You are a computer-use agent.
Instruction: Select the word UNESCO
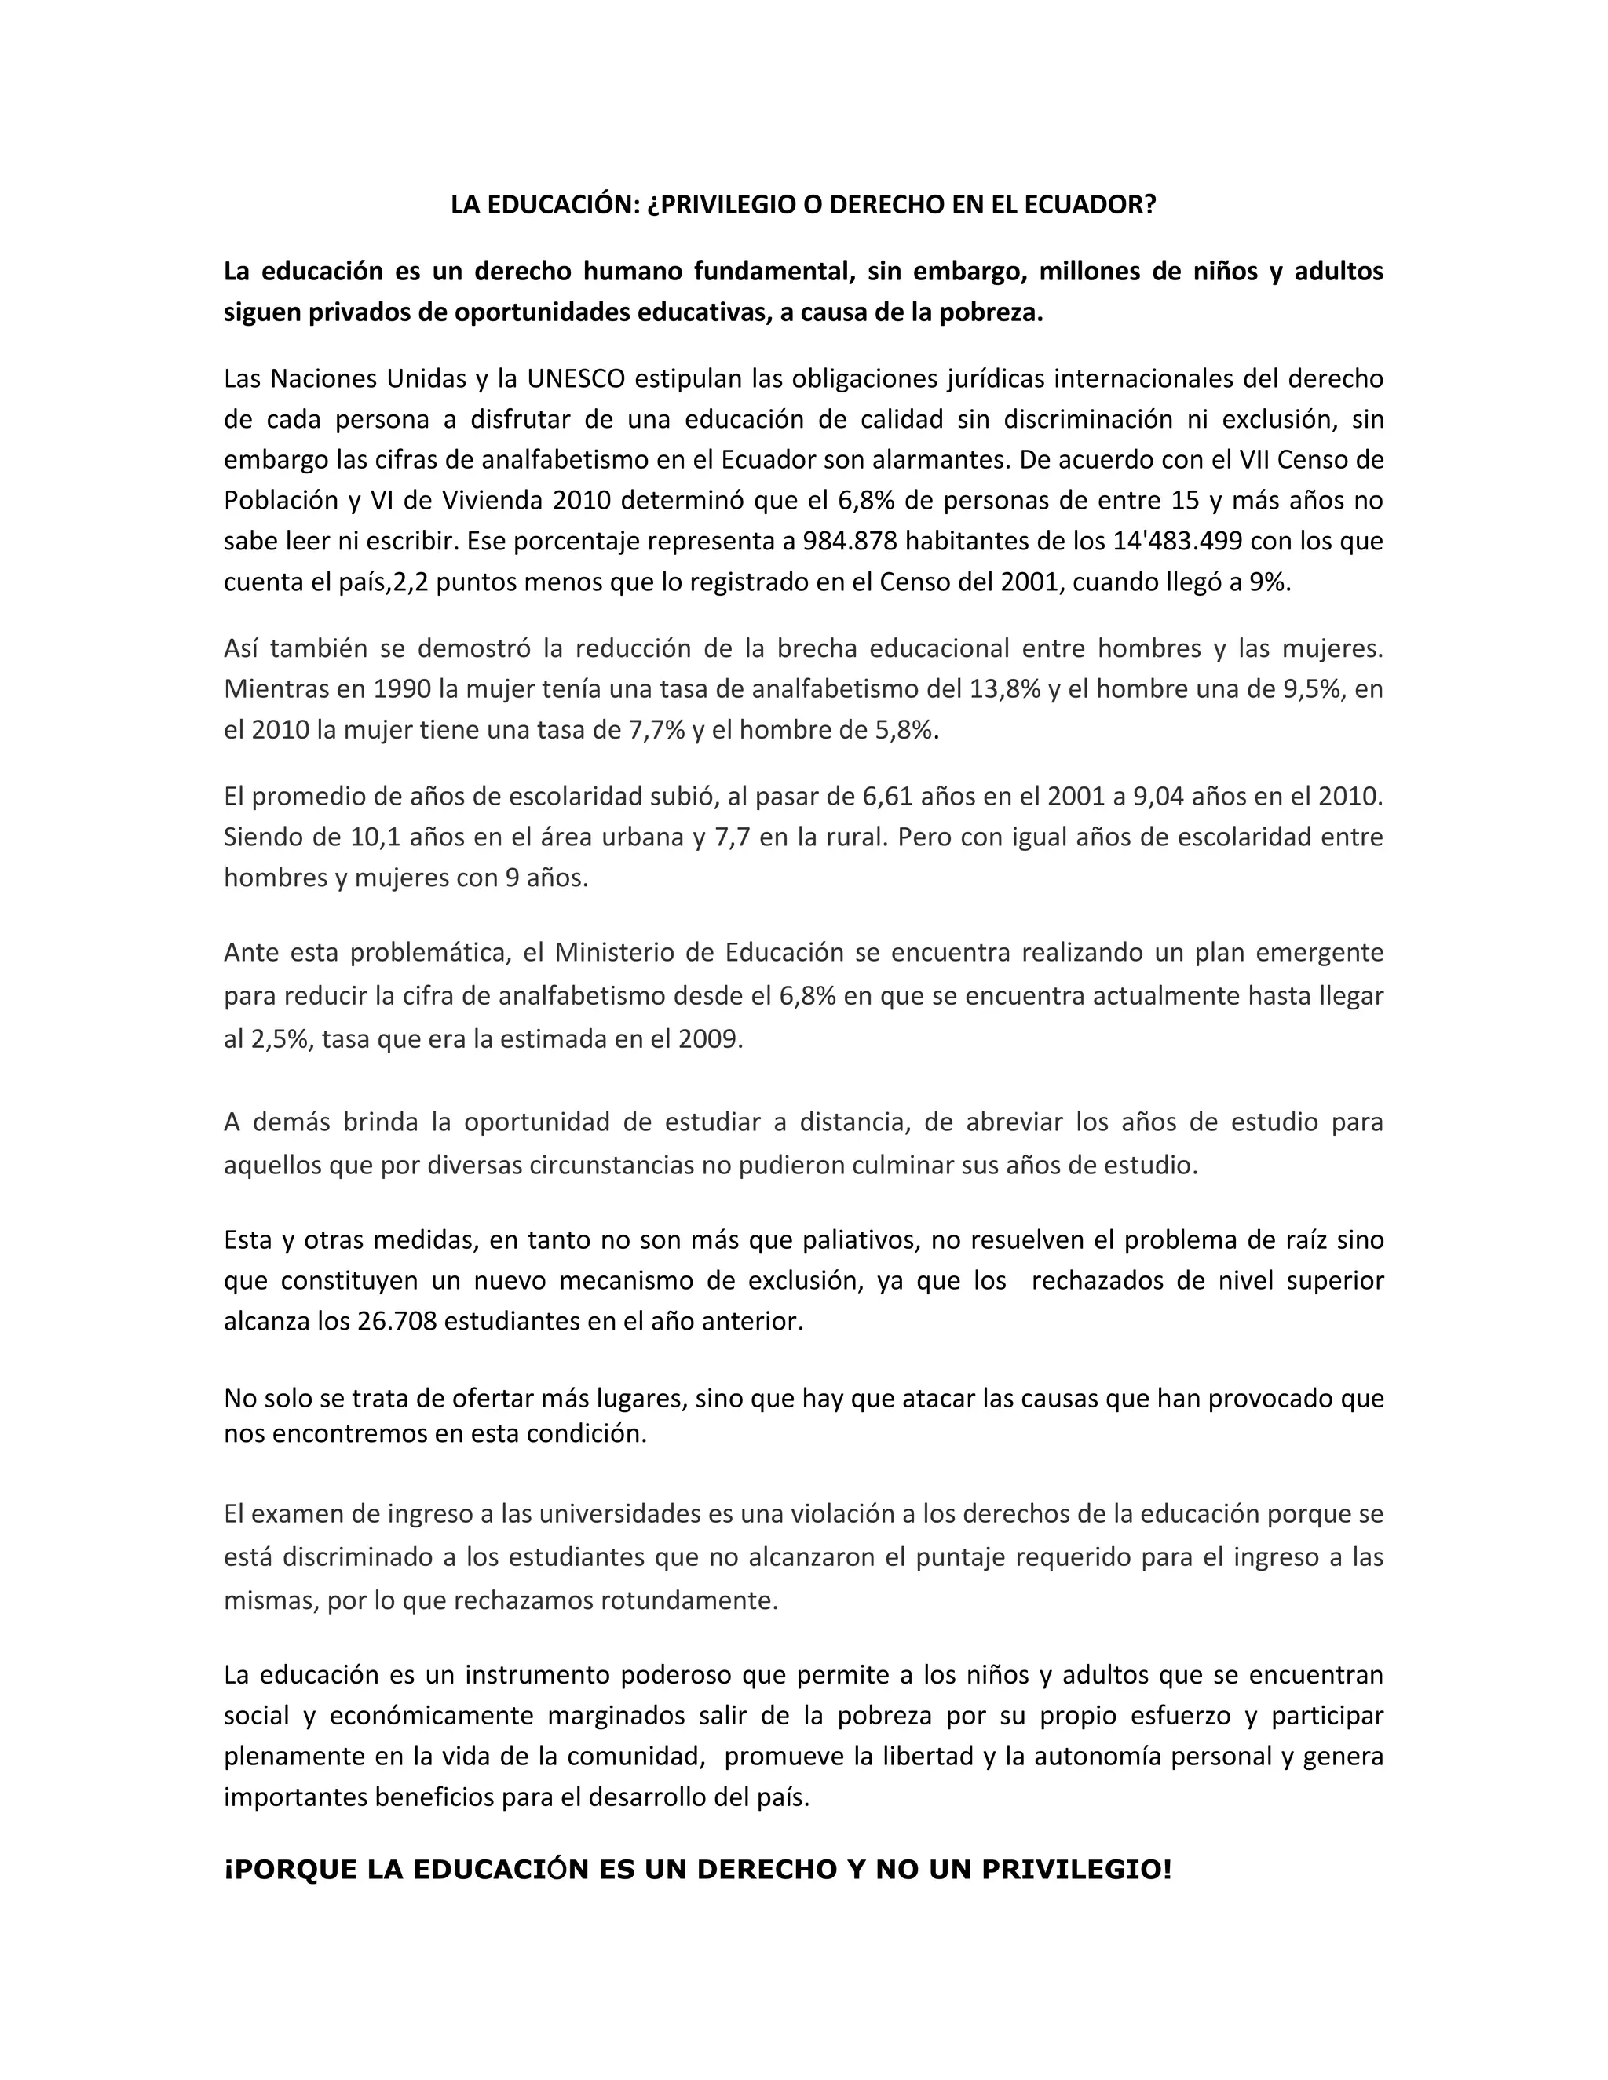(x=576, y=379)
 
